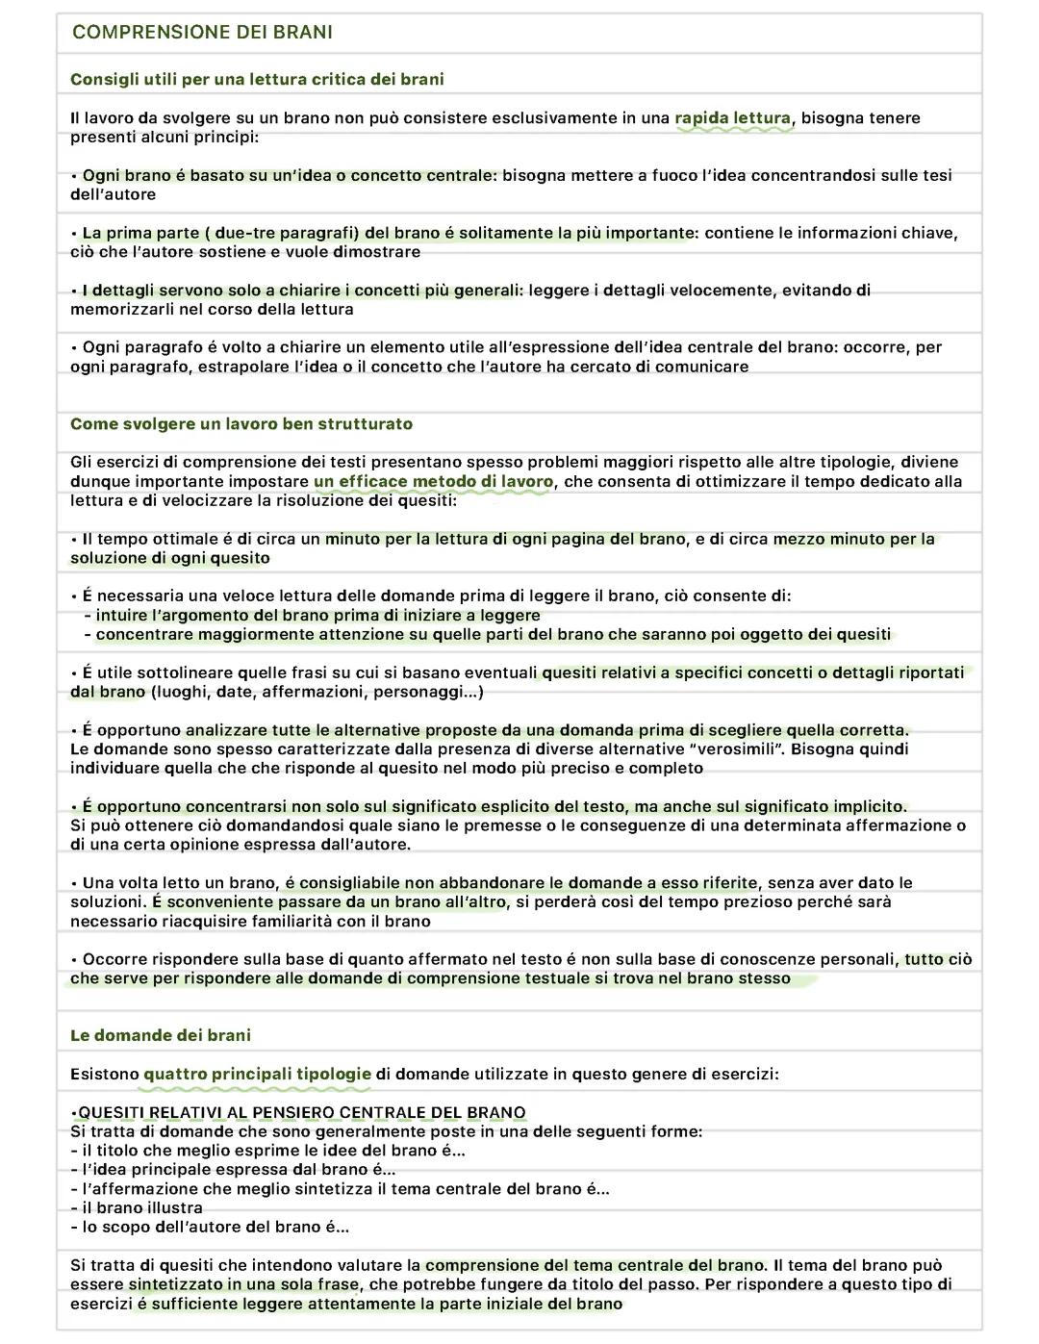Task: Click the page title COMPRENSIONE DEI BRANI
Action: tap(202, 32)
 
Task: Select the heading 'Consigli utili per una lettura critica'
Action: tap(257, 79)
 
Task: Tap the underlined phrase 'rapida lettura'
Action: tap(732, 118)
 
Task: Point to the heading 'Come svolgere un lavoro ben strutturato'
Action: tap(241, 424)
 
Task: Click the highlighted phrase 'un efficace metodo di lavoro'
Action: tap(434, 482)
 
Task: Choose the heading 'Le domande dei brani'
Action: tap(161, 1035)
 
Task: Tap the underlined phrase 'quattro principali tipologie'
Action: tap(257, 1074)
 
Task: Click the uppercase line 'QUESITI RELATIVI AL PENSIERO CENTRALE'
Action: tap(302, 1113)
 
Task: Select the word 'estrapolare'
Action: tap(242, 367)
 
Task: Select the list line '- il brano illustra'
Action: tap(137, 1208)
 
